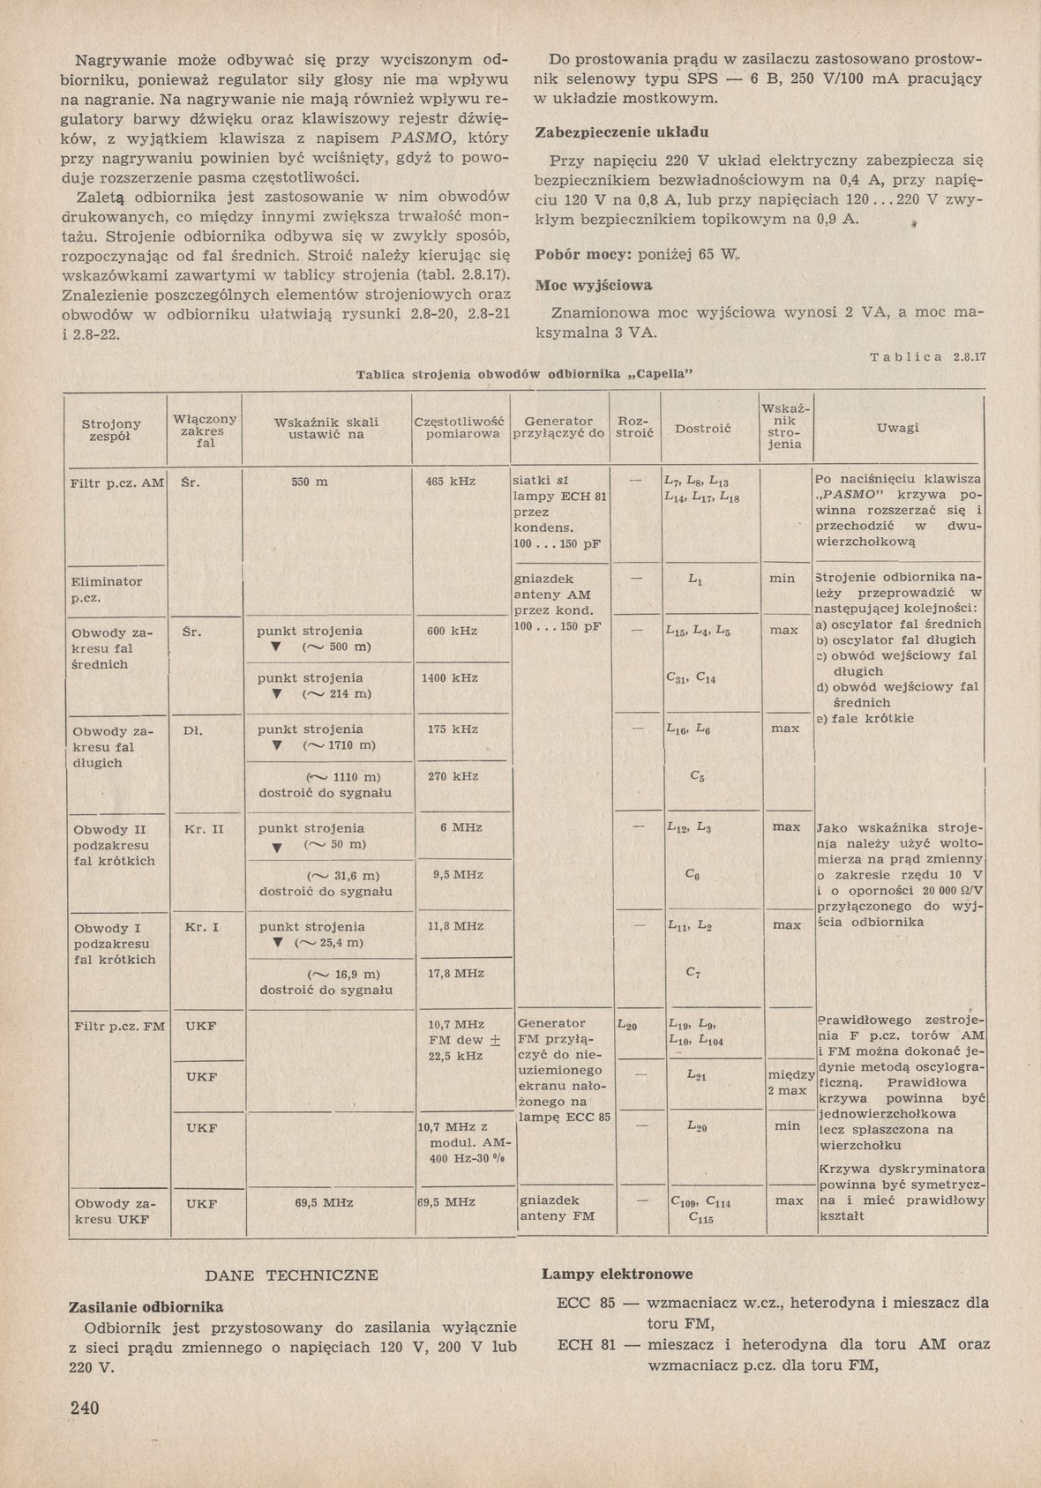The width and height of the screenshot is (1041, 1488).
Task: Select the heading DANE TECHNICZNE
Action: [x=291, y=1275]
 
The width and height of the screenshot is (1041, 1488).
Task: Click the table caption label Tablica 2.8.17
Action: [x=926, y=357]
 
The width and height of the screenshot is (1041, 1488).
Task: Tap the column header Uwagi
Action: [x=898, y=428]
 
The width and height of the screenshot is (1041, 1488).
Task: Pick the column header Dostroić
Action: [x=703, y=429]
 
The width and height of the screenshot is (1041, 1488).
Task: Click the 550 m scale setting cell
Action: [x=310, y=482]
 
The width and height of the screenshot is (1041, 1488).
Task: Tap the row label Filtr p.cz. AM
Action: [x=117, y=482]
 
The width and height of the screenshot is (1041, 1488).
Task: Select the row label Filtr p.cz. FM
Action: [x=116, y=1026]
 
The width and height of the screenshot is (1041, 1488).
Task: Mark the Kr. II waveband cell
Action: [x=205, y=829]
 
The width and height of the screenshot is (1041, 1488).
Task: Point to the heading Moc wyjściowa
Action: [x=594, y=285]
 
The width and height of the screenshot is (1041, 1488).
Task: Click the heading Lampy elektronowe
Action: [x=618, y=1274]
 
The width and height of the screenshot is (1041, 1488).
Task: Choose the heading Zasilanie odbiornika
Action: [x=146, y=1307]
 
